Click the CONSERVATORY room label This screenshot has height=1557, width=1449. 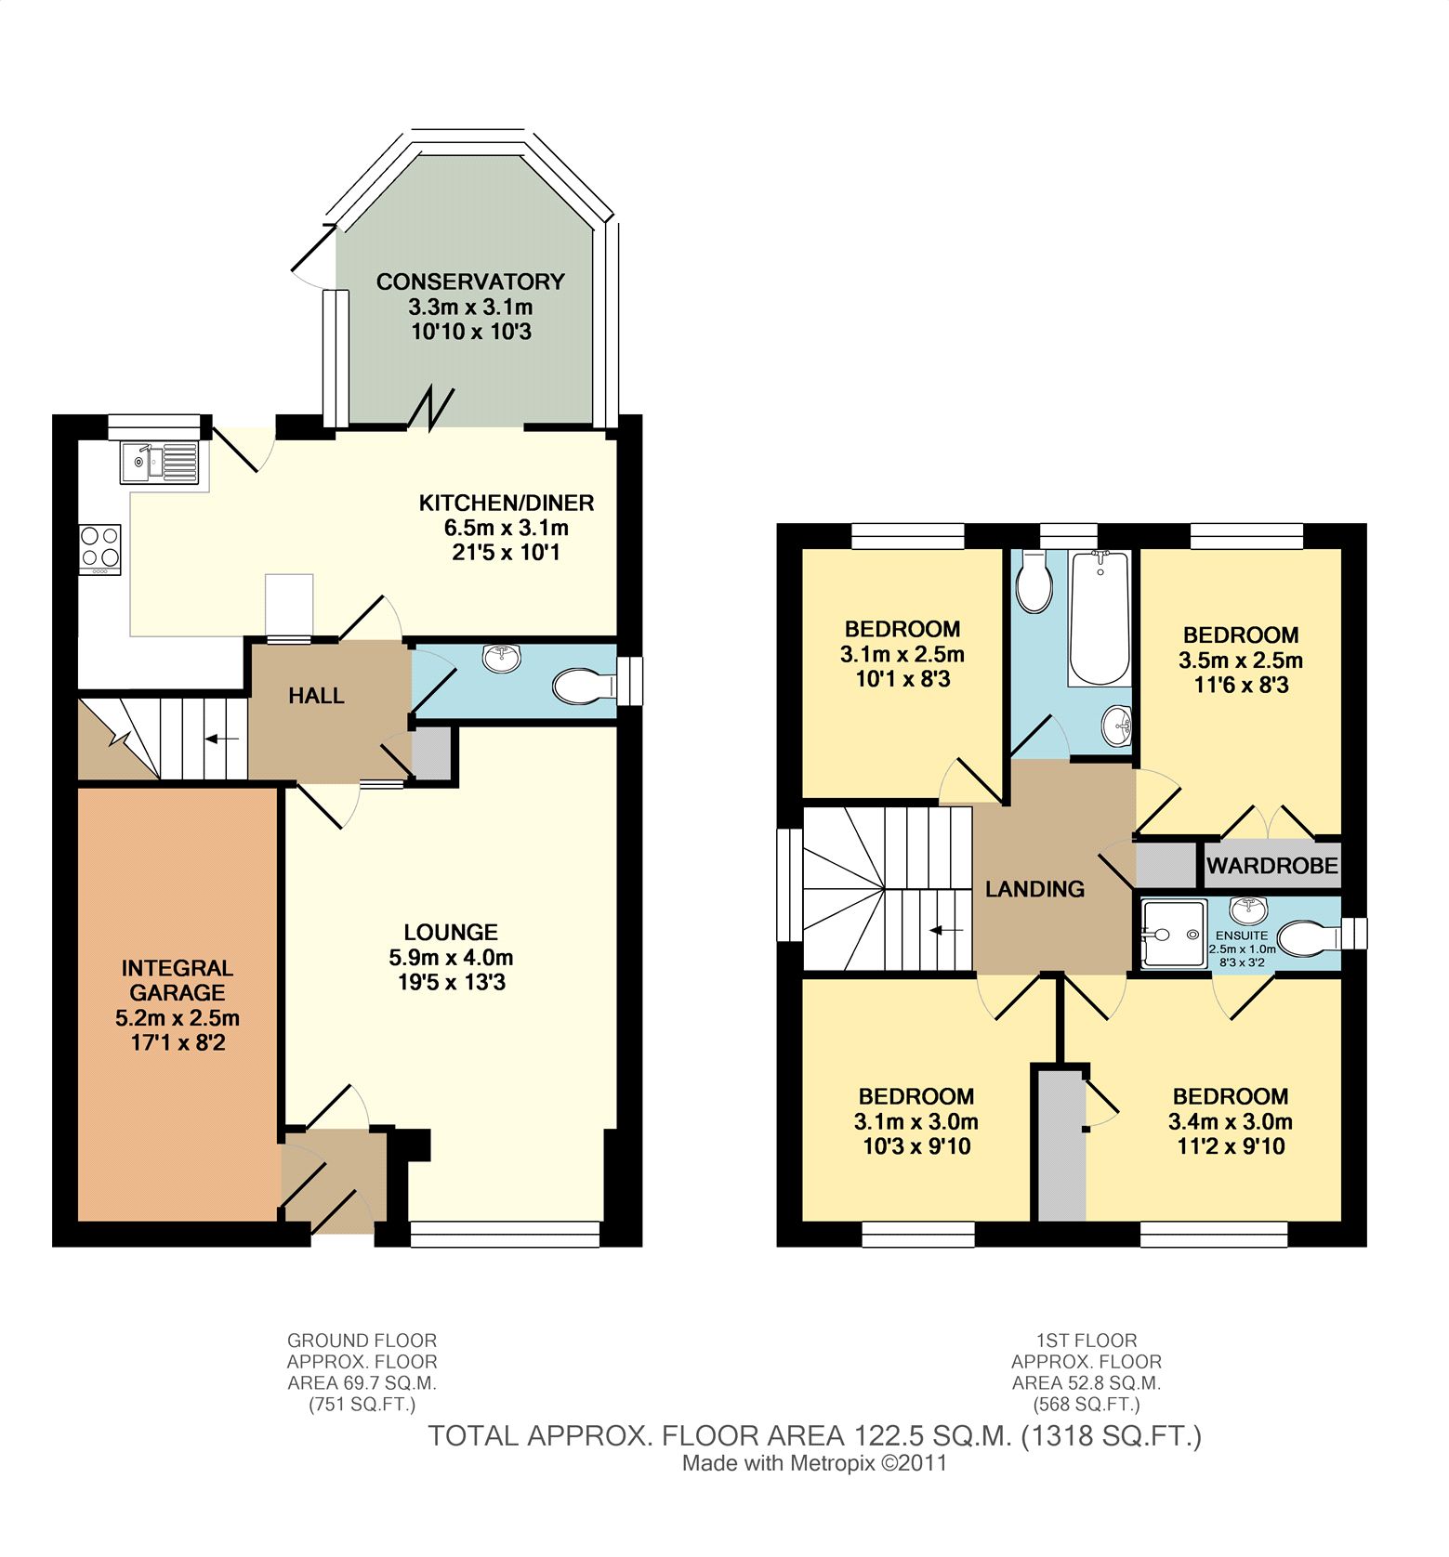click(x=470, y=281)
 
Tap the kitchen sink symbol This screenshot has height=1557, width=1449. click(x=159, y=462)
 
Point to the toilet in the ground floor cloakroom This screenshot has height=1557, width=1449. click(x=584, y=687)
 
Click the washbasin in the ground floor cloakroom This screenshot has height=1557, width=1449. click(x=503, y=658)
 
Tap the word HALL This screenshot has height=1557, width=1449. click(x=316, y=696)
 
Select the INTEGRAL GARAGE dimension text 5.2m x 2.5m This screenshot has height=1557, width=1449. click(x=178, y=1017)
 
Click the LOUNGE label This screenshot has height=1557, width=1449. click(x=451, y=932)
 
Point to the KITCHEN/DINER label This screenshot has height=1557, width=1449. click(x=507, y=503)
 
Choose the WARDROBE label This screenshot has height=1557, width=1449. click(x=1272, y=866)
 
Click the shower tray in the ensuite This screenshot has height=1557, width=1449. click(x=1169, y=933)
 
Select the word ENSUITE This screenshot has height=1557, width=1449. click(x=1242, y=936)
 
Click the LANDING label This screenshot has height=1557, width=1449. click(x=1035, y=889)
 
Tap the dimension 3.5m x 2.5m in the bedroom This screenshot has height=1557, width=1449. click(x=1241, y=661)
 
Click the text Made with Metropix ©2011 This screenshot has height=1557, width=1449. click(x=815, y=1463)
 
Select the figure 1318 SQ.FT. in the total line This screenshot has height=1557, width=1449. click(x=1112, y=1436)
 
